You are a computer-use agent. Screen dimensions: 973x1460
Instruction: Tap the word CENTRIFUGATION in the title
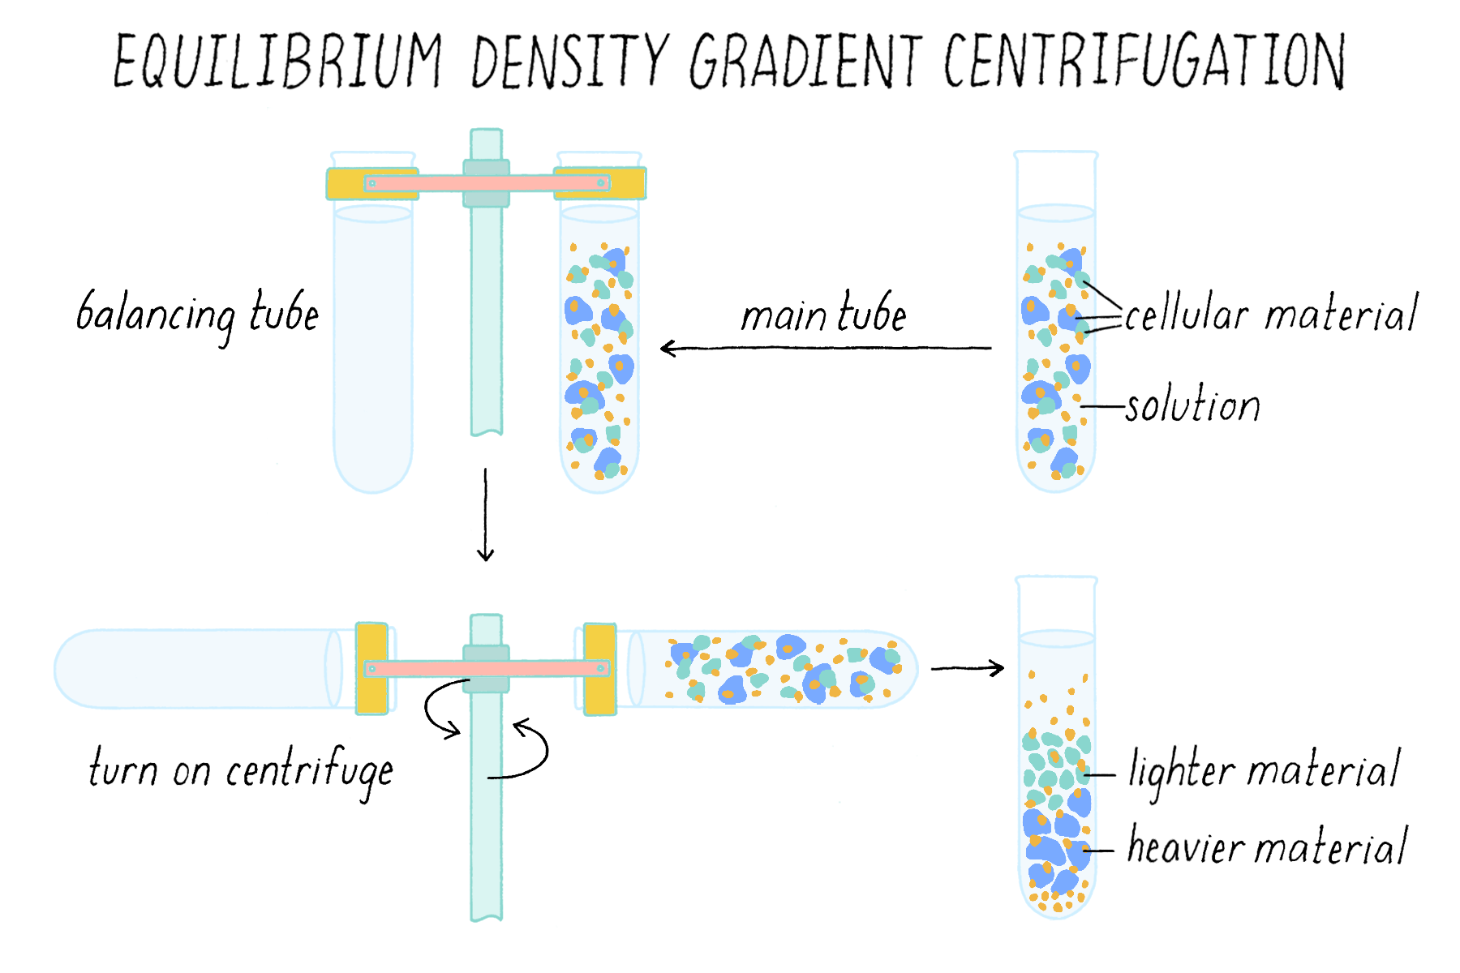(x=1144, y=61)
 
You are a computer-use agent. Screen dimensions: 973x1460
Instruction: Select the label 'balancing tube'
(x=197, y=315)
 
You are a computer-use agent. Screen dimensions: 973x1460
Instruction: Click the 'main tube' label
(x=823, y=315)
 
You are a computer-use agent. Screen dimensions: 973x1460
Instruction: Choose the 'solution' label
(x=1192, y=405)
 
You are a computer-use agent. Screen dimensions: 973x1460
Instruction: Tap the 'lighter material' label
(x=1264, y=769)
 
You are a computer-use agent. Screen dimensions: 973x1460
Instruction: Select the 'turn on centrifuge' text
(x=241, y=769)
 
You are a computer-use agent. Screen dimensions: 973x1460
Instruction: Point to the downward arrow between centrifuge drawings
(x=485, y=515)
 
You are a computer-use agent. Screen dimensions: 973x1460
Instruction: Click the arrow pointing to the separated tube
(x=967, y=668)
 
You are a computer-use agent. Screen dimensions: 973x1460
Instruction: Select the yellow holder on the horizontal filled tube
(x=600, y=669)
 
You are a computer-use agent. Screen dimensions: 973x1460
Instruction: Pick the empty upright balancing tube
(x=373, y=349)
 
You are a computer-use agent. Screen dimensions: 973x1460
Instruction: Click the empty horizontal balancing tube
(x=195, y=669)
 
